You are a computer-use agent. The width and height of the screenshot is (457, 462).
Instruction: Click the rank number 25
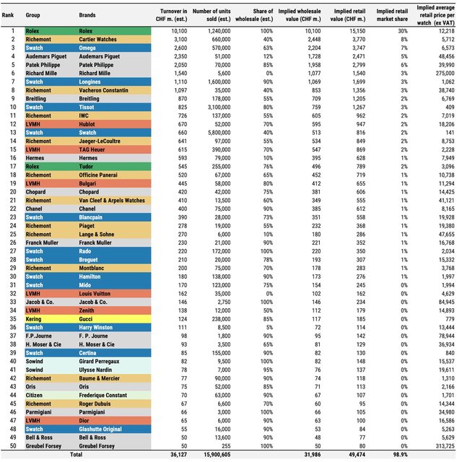13,234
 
